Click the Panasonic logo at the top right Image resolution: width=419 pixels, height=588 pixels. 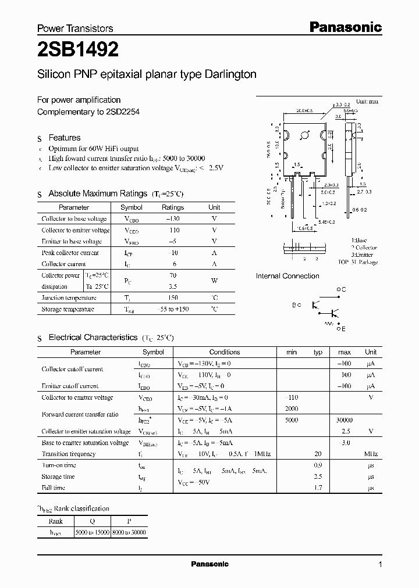coord(345,27)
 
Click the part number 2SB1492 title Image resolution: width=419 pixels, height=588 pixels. coord(78,51)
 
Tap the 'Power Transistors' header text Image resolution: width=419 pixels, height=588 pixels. coord(75,28)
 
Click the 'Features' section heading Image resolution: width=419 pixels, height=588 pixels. coord(64,138)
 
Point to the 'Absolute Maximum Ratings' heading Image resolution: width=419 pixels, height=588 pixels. coord(98,193)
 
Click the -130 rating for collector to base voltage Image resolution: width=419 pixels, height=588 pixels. coord(172,219)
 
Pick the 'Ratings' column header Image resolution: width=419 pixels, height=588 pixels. coord(172,207)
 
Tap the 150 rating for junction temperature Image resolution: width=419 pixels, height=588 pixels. coord(172,297)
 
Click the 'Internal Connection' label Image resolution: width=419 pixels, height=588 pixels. coord(287,276)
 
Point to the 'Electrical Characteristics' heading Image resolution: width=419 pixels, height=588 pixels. coord(93,337)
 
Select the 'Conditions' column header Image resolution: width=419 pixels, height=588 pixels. coord(225,352)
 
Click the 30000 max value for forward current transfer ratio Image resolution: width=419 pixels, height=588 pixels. coord(344,420)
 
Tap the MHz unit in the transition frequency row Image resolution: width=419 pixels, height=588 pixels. coord(371,454)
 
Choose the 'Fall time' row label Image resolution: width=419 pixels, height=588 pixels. coord(54,487)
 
